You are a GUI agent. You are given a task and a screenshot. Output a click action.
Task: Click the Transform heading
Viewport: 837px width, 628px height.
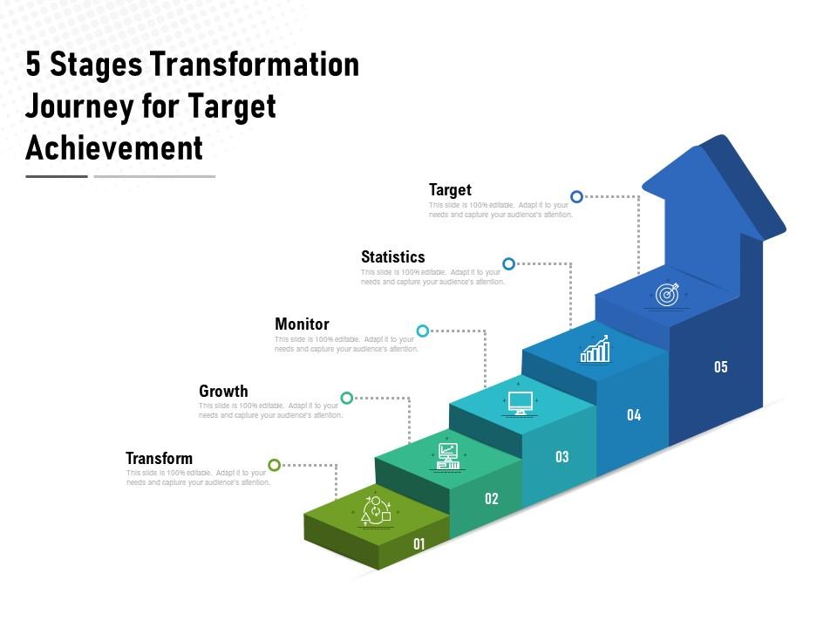(159, 458)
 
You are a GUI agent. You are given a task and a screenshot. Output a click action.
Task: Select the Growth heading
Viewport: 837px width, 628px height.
(223, 391)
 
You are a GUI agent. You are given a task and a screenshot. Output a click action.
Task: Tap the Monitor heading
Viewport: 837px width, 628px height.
(302, 324)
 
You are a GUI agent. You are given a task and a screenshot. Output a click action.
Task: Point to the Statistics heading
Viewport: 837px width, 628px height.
(392, 256)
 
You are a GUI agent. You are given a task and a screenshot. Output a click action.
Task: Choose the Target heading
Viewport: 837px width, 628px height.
(450, 189)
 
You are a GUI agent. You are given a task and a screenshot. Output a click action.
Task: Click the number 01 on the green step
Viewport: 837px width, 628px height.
(419, 544)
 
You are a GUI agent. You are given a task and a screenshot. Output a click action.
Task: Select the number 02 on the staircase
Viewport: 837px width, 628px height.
(492, 499)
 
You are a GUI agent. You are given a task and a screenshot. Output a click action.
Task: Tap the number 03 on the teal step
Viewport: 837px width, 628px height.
(562, 456)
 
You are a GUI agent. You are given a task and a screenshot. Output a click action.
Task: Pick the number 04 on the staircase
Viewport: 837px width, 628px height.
(634, 415)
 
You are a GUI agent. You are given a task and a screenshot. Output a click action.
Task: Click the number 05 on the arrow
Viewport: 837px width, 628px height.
(720, 367)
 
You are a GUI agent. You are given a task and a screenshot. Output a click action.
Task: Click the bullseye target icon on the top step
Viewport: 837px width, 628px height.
(667, 295)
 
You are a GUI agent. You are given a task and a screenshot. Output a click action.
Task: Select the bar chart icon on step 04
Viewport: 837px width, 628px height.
(595, 351)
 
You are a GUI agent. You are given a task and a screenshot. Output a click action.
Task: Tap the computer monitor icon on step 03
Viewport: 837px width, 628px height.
(521, 403)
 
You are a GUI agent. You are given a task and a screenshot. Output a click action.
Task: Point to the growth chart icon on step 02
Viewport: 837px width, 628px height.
(448, 456)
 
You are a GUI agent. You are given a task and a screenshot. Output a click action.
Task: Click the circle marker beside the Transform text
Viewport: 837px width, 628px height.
(275, 465)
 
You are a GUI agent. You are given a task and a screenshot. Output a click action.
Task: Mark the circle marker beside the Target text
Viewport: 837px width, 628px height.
(576, 197)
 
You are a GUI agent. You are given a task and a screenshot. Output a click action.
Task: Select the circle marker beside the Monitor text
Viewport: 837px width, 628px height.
(423, 331)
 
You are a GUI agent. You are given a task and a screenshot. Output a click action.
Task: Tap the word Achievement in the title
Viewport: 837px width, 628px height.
(114, 147)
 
